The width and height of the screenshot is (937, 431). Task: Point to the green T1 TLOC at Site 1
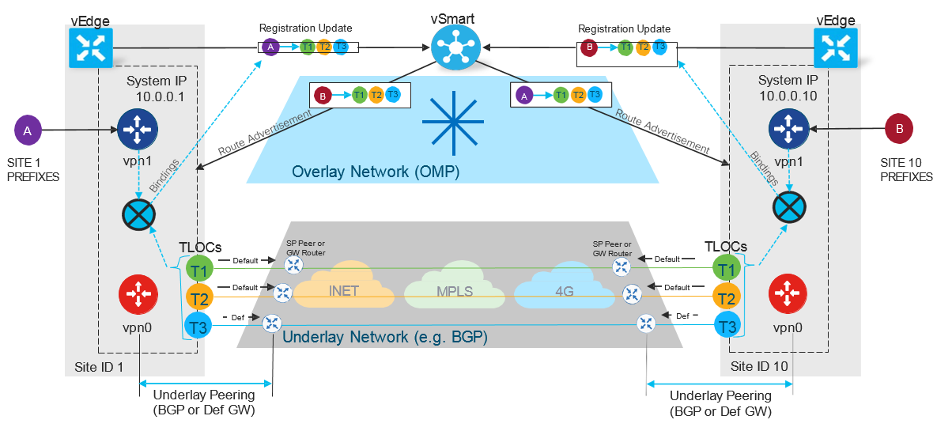(198, 270)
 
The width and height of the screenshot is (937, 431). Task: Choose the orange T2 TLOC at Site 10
(725, 297)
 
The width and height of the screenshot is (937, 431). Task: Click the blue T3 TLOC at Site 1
(198, 324)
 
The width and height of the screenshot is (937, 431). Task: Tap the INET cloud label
(344, 291)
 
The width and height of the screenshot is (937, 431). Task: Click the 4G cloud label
(563, 291)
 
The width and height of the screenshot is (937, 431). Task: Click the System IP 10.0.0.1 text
(159, 89)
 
